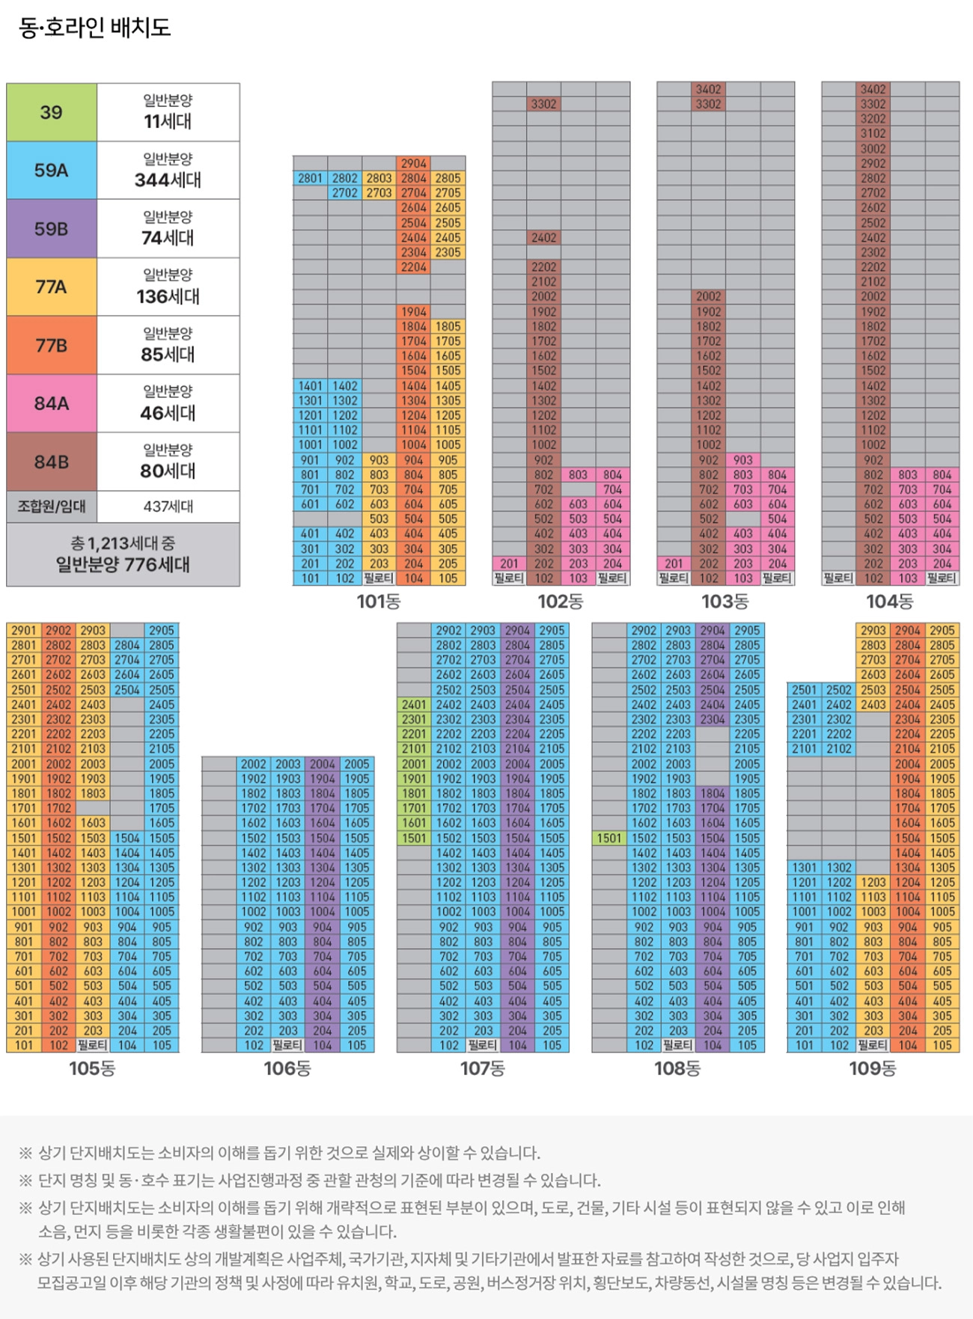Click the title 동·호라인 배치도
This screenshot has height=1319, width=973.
95,28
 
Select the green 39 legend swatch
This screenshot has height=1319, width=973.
52,112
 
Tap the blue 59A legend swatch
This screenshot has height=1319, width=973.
52,171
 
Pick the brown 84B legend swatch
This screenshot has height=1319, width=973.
52,462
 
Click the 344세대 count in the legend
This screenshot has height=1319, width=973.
168,180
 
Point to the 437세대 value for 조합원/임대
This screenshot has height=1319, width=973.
168,507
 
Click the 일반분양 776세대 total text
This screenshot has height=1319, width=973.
123,564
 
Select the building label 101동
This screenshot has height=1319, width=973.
379,601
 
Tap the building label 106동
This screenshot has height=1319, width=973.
287,1068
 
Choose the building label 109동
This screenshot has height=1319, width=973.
873,1068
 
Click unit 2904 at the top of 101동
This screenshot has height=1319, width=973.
414,163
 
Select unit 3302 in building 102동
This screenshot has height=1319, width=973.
544,104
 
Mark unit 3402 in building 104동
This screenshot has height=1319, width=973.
873,89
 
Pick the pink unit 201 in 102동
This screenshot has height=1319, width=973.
509,563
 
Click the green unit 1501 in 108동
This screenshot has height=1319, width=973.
609,838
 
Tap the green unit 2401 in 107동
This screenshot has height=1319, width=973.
414,704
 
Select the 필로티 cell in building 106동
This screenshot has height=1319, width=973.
287,1045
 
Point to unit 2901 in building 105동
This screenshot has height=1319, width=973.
24,630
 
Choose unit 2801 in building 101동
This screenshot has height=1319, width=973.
310,178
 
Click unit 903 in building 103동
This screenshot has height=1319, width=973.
743,460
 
